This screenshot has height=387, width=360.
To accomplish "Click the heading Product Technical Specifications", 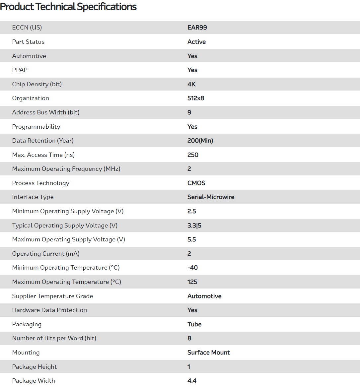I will click(68, 7).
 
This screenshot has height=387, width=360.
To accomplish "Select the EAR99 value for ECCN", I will click(197, 28).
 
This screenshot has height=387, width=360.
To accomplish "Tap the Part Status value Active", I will click(196, 42).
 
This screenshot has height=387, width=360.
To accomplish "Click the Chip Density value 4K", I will click(191, 84).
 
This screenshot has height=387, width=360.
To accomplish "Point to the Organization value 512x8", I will click(196, 98).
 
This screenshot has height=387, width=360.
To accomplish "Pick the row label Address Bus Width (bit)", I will click(46, 112).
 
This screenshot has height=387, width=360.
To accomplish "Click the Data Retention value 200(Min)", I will click(200, 141).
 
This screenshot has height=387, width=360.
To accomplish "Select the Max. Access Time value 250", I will click(193, 155).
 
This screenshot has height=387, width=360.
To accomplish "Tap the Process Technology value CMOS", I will click(196, 183).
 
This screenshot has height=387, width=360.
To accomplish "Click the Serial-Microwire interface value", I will click(211, 197).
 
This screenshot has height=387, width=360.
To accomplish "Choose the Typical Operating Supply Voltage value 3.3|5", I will click(194, 226).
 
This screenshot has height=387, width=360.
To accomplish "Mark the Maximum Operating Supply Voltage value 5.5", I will click(191, 239).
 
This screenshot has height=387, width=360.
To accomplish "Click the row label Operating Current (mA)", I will click(46, 254).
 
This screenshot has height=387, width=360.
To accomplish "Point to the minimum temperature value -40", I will click(192, 268).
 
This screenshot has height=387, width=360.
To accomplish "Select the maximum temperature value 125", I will click(192, 282).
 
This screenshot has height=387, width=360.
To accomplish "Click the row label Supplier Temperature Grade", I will click(52, 296).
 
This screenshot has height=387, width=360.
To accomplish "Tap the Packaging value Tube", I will click(194, 324).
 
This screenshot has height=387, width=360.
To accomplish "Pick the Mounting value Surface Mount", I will click(208, 353).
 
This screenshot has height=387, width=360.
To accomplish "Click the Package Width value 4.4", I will click(192, 381).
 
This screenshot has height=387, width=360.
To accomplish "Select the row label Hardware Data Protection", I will click(49, 310).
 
